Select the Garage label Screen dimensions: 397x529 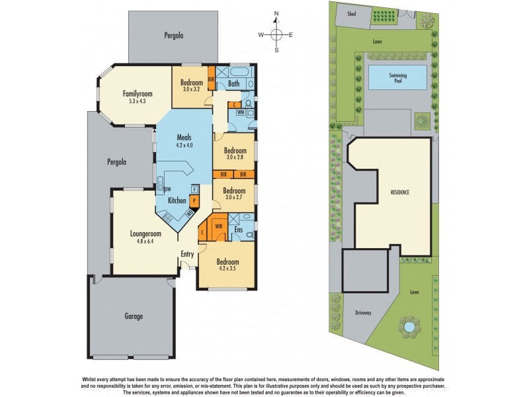[x=134, y=316]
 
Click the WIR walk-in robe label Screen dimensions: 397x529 [x=218, y=226]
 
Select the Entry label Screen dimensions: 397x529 [x=188, y=253]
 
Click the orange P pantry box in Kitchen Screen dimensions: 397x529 [x=194, y=200]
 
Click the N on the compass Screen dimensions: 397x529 [x=277, y=13]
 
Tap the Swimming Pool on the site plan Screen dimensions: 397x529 [x=397, y=77]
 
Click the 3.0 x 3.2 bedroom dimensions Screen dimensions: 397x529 [x=192, y=89]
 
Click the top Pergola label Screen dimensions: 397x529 [x=173, y=35]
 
